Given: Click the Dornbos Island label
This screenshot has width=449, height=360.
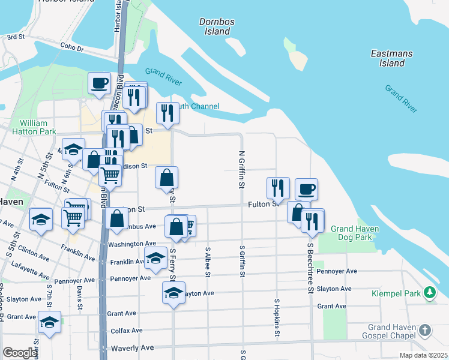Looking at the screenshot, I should pyautogui.click(x=214, y=26).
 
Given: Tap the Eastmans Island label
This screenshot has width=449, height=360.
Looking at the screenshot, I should pyautogui.click(x=392, y=58).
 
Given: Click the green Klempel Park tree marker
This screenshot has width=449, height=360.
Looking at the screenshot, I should pyautogui.click(x=429, y=293).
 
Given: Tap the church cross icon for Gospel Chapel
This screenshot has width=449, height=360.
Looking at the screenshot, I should pyautogui.click(x=425, y=330).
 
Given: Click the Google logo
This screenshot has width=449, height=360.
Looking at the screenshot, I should pyautogui.click(x=20, y=353).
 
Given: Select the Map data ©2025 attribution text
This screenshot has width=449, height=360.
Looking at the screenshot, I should pyautogui.click(x=423, y=355).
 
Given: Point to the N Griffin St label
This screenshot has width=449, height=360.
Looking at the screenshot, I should pyautogui.click(x=241, y=170).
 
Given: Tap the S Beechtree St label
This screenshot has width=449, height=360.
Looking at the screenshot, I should pyautogui.click(x=310, y=268).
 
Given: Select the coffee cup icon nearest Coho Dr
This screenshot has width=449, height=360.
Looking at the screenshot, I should pyautogui.click(x=99, y=83).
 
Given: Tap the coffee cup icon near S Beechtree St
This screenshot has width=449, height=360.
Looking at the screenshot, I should pyautogui.click(x=306, y=188).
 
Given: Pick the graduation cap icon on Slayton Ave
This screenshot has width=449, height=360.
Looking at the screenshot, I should pyautogui.click(x=173, y=293).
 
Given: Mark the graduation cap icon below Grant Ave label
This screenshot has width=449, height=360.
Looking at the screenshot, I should pyautogui.click(x=49, y=321).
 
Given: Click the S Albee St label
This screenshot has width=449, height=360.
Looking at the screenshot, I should pyautogui.click(x=208, y=262).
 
